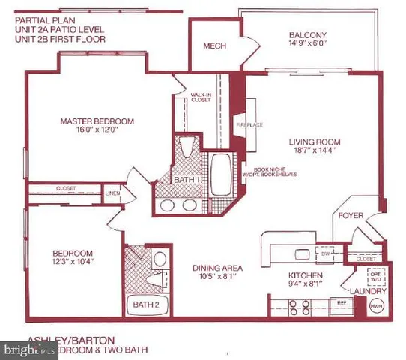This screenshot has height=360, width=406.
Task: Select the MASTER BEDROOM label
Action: (x=97, y=121)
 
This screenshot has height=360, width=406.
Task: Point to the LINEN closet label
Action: (x=112, y=193)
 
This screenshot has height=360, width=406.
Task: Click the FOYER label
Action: (x=351, y=215)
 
